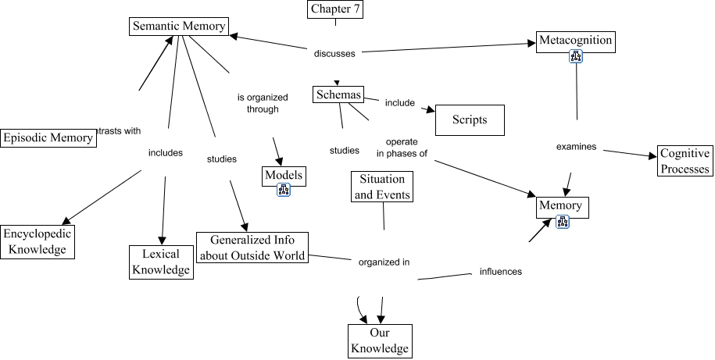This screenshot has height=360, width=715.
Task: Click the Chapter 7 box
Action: click(335, 9)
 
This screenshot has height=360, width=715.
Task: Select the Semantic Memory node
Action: click(178, 26)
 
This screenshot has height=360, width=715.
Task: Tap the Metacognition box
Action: click(575, 41)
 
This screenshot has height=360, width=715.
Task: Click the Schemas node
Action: click(338, 95)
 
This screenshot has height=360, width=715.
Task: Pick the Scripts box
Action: click(469, 120)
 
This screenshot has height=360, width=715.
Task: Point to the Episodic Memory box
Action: click(48, 138)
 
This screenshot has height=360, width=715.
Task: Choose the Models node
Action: click(283, 175)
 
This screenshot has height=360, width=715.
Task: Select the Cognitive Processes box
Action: click(685, 161)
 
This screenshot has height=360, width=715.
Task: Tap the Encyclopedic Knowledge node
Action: click(37, 242)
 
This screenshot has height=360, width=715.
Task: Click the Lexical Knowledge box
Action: click(161, 262)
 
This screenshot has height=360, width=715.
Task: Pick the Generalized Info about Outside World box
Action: click(252, 248)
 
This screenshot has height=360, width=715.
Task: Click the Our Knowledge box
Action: click(379, 340)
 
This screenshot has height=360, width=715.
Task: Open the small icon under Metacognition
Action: click(577, 57)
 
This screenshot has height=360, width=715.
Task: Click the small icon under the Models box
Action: click(284, 191)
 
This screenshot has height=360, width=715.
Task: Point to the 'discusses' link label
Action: click(334, 54)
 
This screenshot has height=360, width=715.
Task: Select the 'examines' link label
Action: click(576, 146)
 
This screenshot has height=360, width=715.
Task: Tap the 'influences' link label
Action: click(500, 272)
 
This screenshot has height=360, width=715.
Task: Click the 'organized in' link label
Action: click(384, 262)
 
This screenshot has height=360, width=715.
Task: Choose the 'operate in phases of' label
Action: click(406, 148)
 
